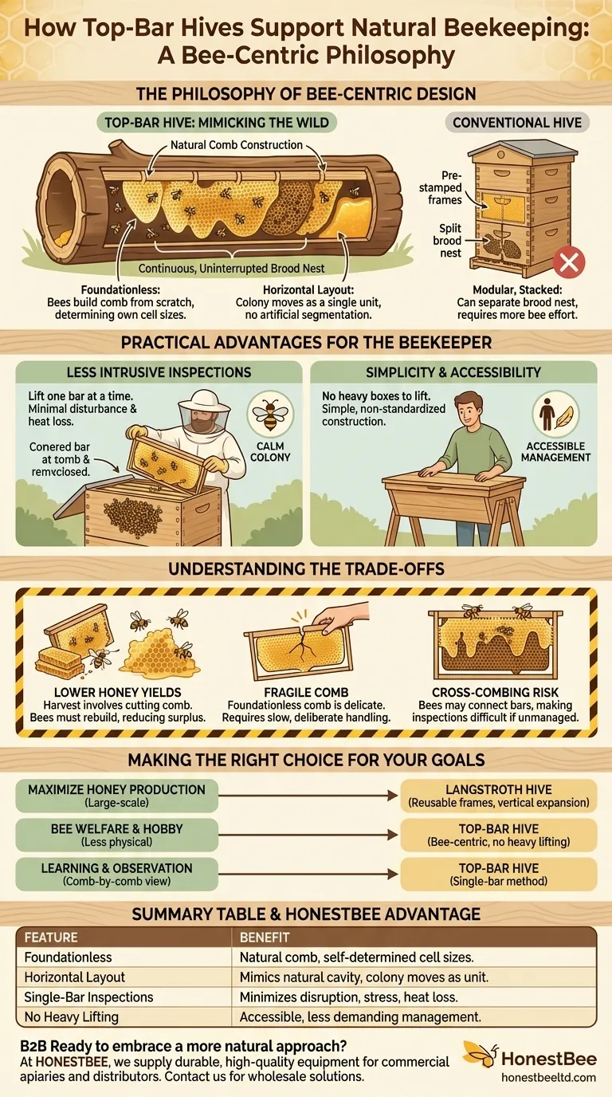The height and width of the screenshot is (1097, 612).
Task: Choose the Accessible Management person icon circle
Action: [x=556, y=413]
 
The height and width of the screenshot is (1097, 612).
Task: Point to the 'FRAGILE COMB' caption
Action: [x=307, y=694]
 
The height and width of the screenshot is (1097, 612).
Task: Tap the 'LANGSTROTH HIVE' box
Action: [x=498, y=796]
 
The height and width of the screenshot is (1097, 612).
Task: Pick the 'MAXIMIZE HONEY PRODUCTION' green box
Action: [x=116, y=796]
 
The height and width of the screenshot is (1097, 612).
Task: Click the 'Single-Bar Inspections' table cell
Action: [x=88, y=997]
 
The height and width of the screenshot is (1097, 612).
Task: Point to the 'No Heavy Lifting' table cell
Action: [x=72, y=1017]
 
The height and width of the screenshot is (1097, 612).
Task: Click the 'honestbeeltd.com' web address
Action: [x=548, y=1077]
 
